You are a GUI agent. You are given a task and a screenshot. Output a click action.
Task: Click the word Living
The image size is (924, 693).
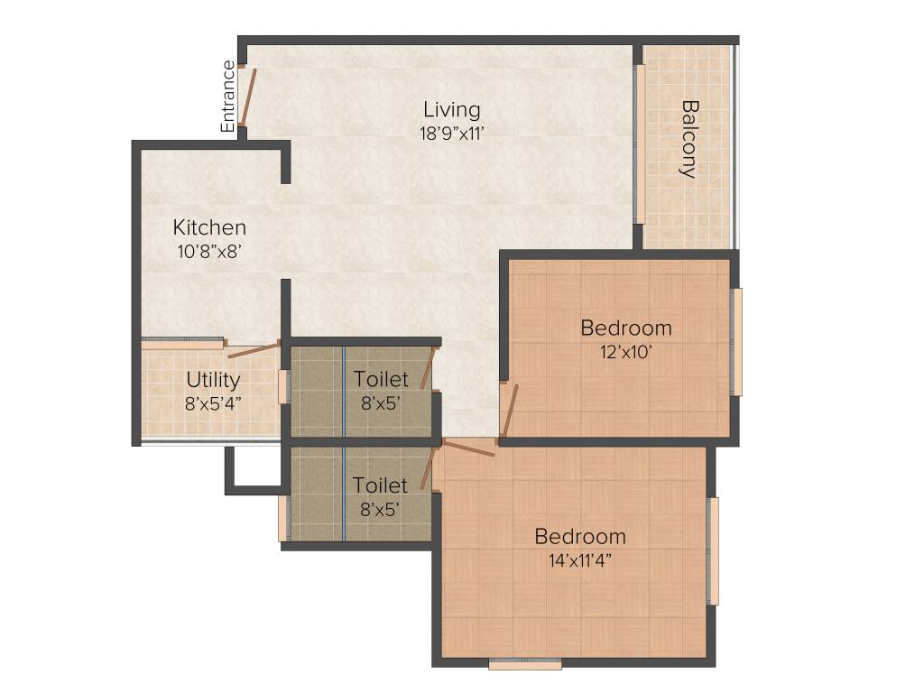pos(452,110)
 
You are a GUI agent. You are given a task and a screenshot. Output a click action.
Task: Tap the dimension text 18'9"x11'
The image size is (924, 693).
pos(452,133)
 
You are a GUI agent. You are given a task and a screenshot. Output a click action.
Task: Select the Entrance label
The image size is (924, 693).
pos(229,97)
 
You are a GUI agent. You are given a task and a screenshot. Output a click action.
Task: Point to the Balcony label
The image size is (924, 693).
pos(688,139)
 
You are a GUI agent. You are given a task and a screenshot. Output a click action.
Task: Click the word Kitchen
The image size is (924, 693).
pos(209,227)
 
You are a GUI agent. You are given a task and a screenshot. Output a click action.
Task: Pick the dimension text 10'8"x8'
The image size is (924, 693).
pos(209,251)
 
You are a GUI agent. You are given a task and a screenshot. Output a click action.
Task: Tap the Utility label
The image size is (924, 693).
pos(213,379)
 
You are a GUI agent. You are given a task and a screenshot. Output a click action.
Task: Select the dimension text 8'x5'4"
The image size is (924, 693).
pos(213,402)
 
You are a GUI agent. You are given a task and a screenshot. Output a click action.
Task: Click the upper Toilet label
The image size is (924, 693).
pos(380,379)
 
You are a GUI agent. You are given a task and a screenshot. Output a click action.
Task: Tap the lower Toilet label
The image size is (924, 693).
pos(380,485)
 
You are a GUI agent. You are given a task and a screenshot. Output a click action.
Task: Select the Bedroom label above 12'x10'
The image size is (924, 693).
pos(625,328)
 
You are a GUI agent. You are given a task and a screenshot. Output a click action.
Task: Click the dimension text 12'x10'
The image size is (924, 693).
pos(625,351)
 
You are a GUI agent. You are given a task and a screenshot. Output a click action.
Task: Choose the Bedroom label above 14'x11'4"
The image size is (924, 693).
pos(580,537)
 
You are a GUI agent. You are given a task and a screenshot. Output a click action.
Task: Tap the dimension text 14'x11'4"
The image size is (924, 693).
pos(580,559)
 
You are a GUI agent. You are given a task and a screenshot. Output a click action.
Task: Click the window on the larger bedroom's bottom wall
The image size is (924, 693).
pos(525,664)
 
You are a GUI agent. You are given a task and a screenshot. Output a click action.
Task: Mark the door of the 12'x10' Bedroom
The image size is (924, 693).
pos(510,411)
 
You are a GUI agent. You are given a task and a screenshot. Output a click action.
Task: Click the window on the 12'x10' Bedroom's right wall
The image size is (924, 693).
pos(736,341)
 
